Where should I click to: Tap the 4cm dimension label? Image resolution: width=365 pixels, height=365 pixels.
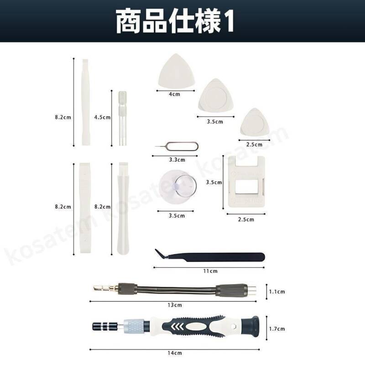(x=175, y=94)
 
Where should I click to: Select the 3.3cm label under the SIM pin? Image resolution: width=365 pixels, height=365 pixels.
(x=177, y=160)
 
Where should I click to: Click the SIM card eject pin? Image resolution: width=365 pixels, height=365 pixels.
(x=177, y=146)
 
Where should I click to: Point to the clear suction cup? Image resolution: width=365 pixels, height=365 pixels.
(x=178, y=187)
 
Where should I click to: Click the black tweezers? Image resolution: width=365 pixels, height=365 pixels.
(x=210, y=256)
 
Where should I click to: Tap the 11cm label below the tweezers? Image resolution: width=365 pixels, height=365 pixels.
(x=210, y=271)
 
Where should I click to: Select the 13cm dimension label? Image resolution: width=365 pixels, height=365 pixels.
(x=175, y=305)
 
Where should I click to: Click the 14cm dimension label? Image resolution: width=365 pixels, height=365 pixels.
(x=175, y=353)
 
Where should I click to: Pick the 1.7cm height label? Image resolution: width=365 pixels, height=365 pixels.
(x=277, y=329)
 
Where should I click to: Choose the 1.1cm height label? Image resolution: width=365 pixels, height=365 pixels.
(x=277, y=292)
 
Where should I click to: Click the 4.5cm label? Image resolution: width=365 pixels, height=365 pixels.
(x=102, y=117)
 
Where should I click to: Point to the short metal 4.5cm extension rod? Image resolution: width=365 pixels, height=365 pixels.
(x=122, y=118)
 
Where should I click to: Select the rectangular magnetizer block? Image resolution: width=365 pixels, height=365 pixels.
(x=246, y=182)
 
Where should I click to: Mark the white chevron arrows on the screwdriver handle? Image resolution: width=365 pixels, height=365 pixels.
(x=177, y=326)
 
